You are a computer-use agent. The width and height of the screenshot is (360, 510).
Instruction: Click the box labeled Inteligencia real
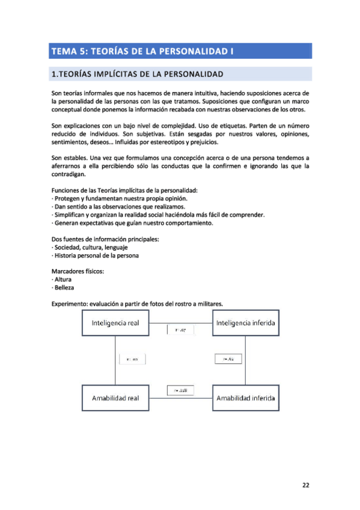[x=115, y=323]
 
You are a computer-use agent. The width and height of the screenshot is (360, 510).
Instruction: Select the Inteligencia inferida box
[x=246, y=323]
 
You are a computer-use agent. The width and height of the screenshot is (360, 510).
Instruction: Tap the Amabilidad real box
[x=115, y=398]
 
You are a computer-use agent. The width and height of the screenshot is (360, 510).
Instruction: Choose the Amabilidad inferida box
[x=246, y=398]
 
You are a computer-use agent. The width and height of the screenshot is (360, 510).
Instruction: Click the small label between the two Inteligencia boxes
[x=180, y=329]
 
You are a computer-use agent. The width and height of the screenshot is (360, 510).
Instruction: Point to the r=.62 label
[x=228, y=359]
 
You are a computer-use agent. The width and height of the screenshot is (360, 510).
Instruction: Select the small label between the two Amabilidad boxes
[x=180, y=391]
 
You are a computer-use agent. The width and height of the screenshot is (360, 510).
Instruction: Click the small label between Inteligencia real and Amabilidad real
[x=132, y=359]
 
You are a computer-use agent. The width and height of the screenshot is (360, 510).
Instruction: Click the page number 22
[x=305, y=485]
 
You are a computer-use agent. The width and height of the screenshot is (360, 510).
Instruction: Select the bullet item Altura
[x=63, y=280]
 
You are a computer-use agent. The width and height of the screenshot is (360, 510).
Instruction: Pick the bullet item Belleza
[x=64, y=287]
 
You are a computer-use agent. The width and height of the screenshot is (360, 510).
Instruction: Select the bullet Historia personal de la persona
[x=96, y=255]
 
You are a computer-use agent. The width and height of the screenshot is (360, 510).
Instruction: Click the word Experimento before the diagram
[x=70, y=304]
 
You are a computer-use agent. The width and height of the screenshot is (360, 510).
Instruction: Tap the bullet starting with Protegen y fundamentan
[x=120, y=198]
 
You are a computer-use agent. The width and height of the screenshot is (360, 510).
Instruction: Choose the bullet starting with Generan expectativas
[x=132, y=223]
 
